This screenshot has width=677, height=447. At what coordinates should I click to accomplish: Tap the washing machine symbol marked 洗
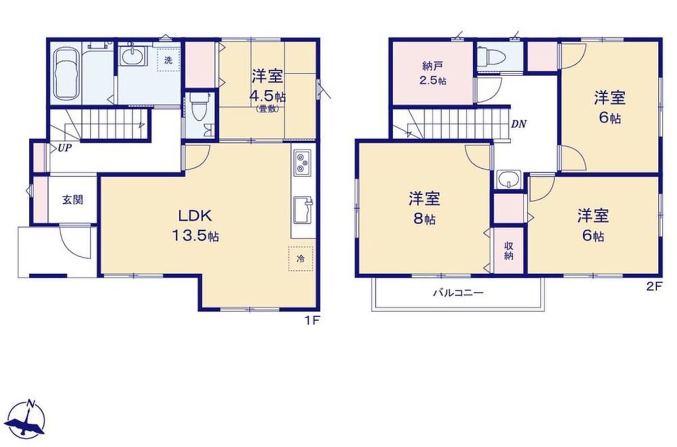tap(168, 60)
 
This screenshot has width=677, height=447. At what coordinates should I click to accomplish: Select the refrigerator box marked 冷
tap(300, 258)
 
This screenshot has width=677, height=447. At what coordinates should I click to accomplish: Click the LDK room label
tap(195, 216)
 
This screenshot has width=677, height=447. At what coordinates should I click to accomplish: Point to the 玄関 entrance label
tap(73, 200)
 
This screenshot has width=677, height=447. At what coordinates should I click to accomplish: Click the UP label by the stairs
tap(65, 148)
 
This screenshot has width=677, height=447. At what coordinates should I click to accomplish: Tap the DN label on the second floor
tap(518, 124)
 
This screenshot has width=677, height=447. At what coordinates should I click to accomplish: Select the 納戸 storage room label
tap(433, 65)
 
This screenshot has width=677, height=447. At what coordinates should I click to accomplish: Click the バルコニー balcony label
tap(459, 293)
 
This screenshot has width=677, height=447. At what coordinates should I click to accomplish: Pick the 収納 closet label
tap(509, 251)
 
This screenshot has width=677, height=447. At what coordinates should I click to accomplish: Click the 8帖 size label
tap(425, 219)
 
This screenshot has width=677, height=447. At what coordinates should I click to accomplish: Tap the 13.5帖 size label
tap(196, 235)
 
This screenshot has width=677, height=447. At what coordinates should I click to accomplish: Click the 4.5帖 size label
tap(267, 97)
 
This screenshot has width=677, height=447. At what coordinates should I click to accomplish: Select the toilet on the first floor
tap(200, 107)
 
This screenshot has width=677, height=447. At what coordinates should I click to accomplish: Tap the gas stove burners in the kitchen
tap(302, 163)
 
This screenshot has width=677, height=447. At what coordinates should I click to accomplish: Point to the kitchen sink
tap(303, 211)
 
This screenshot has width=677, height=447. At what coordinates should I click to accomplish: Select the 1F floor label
tap(312, 321)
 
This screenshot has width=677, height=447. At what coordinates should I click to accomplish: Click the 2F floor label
tap(654, 286)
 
